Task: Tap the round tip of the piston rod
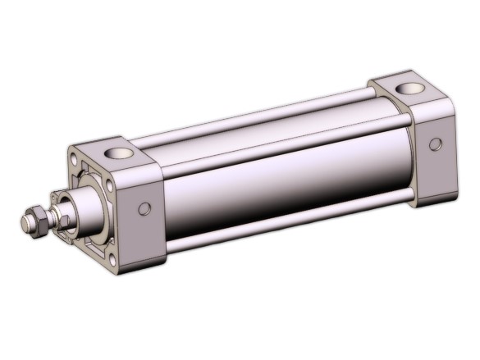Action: (x=24, y=221)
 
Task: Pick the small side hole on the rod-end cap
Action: (x=144, y=209)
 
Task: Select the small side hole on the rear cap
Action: (x=435, y=144)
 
